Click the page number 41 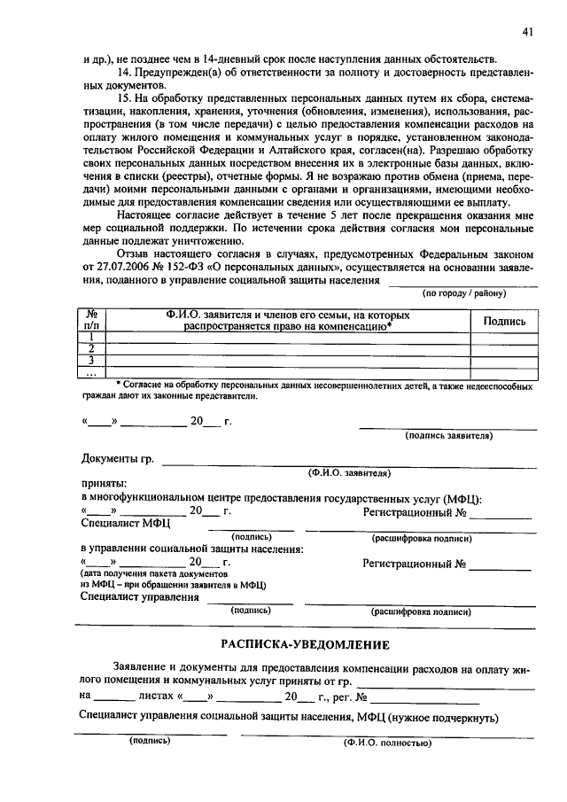[x=527, y=33]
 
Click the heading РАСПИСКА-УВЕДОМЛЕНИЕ [x=306, y=643]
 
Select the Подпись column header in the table [x=504, y=322]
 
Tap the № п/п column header [x=90, y=321]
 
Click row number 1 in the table [x=90, y=338]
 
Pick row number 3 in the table [x=90, y=360]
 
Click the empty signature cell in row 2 [x=504, y=349]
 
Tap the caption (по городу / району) [x=464, y=292]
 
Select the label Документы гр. [x=118, y=459]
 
